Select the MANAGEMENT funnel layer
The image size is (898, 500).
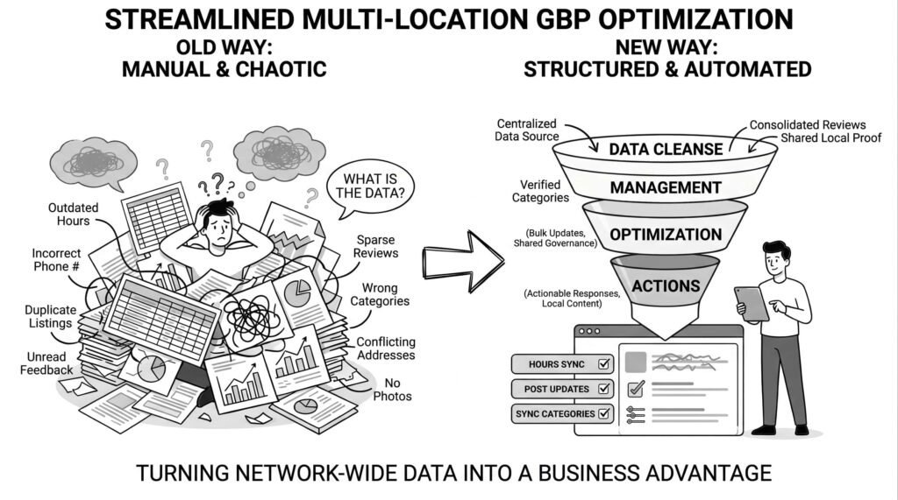click(666, 187)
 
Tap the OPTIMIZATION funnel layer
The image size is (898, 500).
click(666, 235)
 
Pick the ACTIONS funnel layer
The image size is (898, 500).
click(666, 285)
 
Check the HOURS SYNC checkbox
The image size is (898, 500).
click(604, 363)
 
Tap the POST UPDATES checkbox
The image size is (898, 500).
click(604, 388)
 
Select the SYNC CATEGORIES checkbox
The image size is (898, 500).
click(604, 413)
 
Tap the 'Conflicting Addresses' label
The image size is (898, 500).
click(386, 349)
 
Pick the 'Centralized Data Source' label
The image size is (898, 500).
click(527, 130)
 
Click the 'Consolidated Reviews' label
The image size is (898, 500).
click(808, 125)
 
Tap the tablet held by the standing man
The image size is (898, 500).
click(751, 303)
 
